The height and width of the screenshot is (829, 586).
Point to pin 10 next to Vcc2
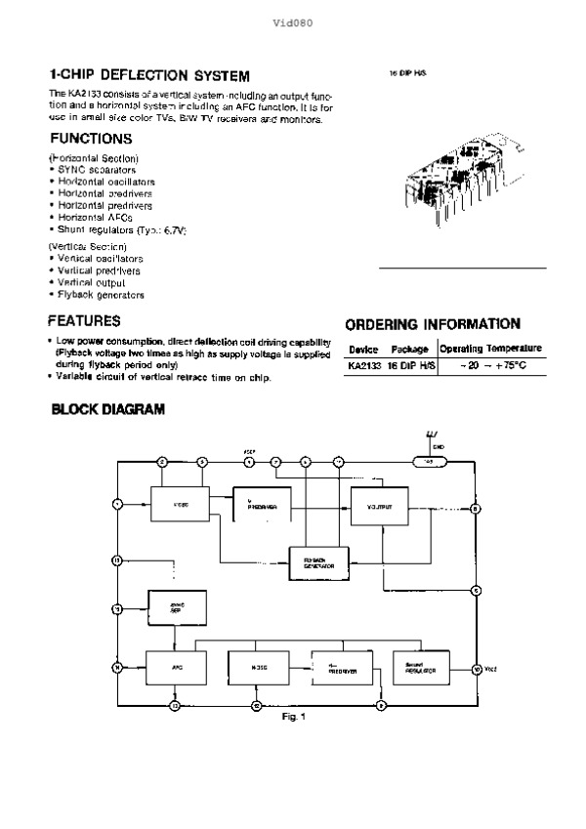(476, 669)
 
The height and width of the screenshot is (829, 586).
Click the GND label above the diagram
(439, 446)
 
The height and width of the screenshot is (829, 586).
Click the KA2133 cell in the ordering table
(361, 367)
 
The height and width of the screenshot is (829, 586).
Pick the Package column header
(410, 349)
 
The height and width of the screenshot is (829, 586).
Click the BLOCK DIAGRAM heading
(107, 410)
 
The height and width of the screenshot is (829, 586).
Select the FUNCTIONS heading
(91, 139)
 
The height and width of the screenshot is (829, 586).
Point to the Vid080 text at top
(292, 21)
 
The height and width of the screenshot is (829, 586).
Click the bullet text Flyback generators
(101, 294)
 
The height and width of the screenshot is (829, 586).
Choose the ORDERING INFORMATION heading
(433, 323)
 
